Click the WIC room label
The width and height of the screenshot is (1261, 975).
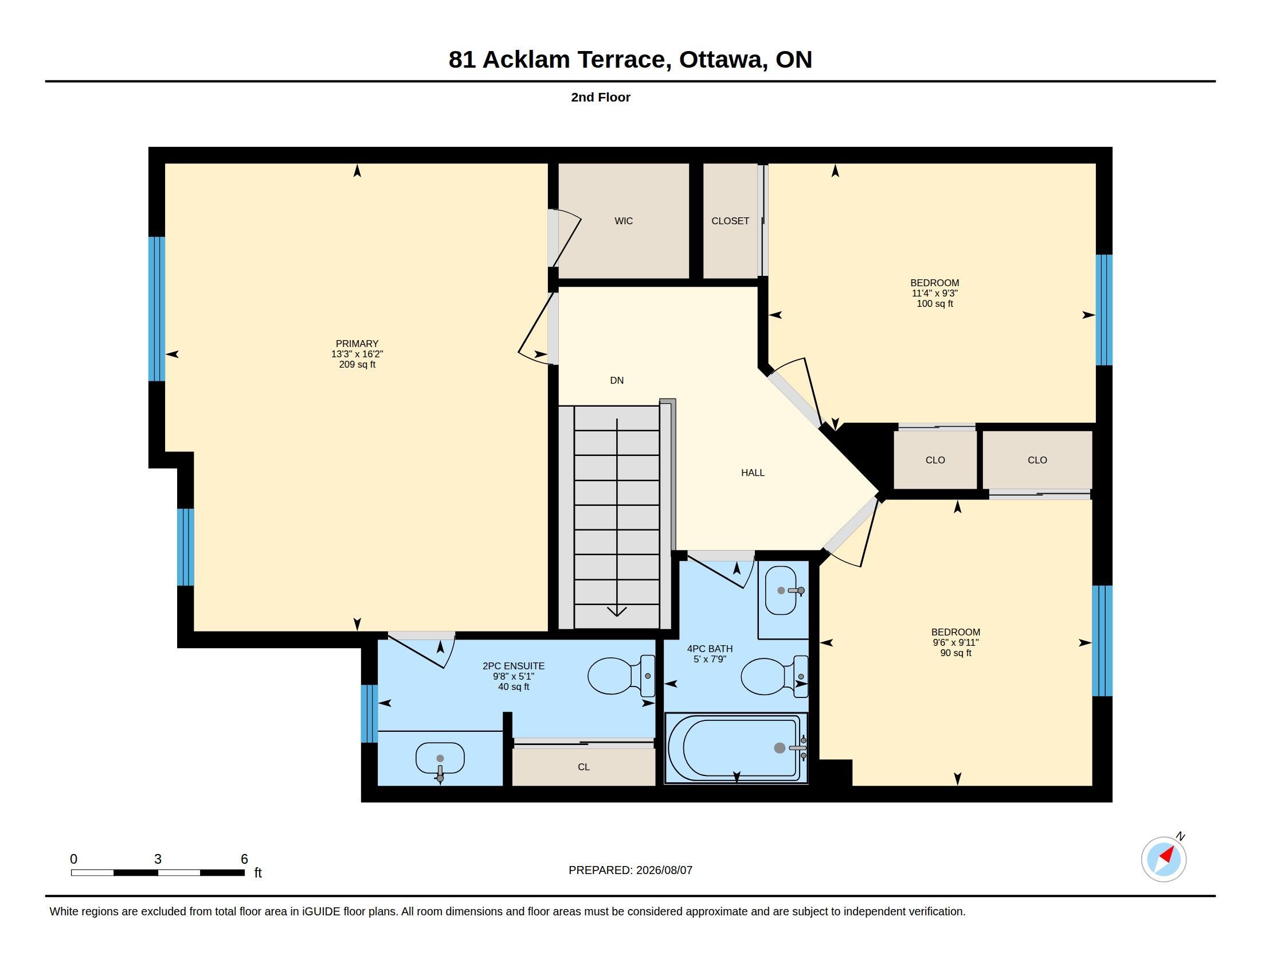point(624,221)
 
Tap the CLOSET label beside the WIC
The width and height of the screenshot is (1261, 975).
point(730,221)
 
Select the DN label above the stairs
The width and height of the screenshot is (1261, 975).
point(617,380)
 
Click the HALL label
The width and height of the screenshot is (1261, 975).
point(753,473)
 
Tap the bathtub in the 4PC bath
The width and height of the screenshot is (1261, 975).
point(736,748)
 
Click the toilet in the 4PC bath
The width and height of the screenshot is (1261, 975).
point(774,676)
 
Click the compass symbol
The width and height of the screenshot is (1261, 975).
point(1164,859)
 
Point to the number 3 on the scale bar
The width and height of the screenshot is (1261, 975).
point(158,859)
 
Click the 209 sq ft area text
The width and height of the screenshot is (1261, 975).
point(358,364)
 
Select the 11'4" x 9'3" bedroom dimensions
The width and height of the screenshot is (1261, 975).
point(935,293)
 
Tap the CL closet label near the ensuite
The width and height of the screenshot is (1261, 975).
point(583,766)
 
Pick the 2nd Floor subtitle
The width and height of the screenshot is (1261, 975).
point(601,97)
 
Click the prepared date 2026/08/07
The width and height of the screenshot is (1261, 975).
point(664,870)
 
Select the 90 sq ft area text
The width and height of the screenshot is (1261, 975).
point(955,653)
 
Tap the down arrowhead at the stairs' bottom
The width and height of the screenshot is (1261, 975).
point(617,611)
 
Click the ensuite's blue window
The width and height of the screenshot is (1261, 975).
point(369,713)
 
